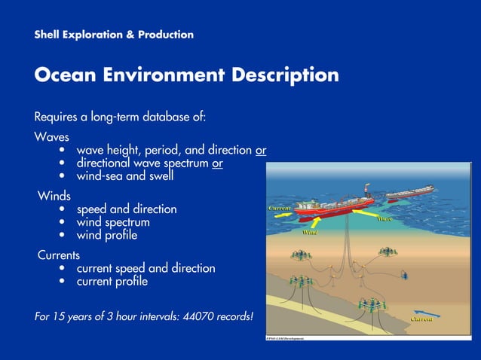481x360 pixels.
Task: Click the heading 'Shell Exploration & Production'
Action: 114,35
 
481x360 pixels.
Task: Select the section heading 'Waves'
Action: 52,138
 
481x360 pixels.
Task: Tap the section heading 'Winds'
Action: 54,196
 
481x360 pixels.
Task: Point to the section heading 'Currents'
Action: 59,255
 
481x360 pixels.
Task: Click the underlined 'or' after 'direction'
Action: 260,151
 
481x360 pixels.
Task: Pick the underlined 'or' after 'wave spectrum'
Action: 217,163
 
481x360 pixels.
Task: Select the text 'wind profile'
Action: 107,235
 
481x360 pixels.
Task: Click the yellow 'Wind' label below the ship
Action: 309,233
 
